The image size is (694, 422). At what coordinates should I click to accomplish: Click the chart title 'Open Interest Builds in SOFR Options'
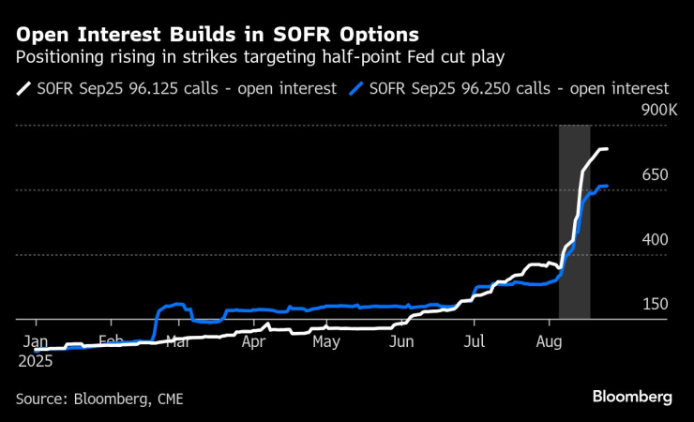click(218, 36)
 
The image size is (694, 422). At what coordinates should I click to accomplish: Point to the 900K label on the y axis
click(655, 111)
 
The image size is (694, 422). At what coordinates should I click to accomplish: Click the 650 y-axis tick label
click(655, 175)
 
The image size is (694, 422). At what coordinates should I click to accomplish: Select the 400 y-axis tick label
click(655, 240)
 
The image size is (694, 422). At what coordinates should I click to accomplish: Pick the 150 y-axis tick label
click(655, 305)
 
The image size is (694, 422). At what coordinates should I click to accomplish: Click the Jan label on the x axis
click(36, 342)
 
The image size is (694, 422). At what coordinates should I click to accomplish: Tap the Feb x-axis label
click(112, 342)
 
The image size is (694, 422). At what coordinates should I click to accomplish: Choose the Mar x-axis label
click(176, 342)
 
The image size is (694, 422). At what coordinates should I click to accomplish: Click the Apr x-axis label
click(253, 342)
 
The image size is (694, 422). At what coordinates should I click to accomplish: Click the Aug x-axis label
click(550, 342)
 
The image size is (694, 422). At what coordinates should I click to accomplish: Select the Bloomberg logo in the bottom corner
click(632, 397)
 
